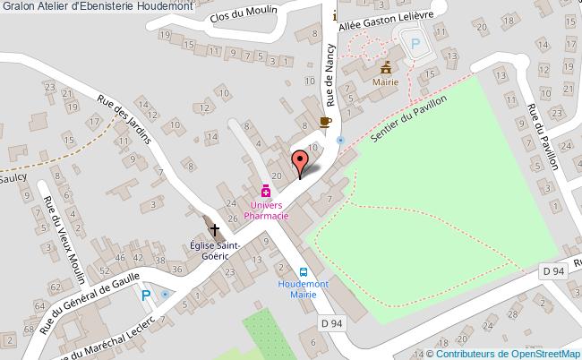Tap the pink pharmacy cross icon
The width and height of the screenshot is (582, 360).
point(265,191)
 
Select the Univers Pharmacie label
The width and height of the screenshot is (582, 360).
point(265,210)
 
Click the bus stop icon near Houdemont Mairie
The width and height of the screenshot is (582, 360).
point(304,273)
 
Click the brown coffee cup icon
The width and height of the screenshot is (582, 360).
point(325,122)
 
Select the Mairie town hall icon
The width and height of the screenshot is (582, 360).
point(387,68)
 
